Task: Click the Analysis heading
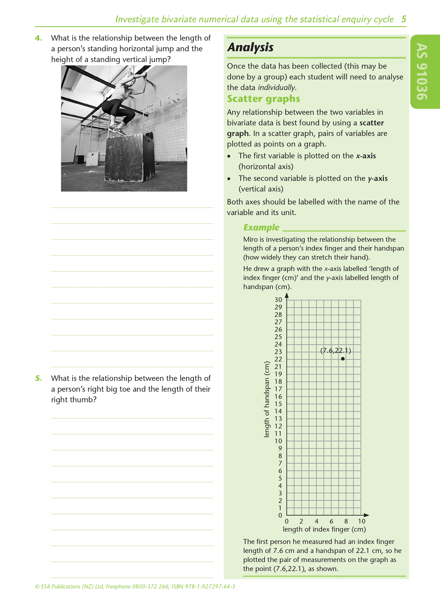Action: pyautogui.click(x=250, y=48)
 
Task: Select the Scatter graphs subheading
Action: pyautogui.click(x=263, y=99)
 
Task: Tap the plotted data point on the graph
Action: pyautogui.click(x=343, y=359)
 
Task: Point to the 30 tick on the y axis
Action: pyautogui.click(x=278, y=300)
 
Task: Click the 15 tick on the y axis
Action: pyautogui.click(x=278, y=404)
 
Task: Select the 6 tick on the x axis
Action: pyautogui.click(x=331, y=521)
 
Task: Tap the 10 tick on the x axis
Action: pyautogui.click(x=361, y=521)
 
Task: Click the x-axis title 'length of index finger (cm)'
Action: pyautogui.click(x=324, y=529)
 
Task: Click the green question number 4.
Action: pyautogui.click(x=38, y=38)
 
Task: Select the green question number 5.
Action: pyautogui.click(x=38, y=378)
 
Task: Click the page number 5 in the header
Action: pyautogui.click(x=403, y=19)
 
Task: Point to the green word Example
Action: pyautogui.click(x=261, y=227)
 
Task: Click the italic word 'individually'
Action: pyautogui.click(x=276, y=88)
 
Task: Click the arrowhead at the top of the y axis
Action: pyautogui.click(x=287, y=295)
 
